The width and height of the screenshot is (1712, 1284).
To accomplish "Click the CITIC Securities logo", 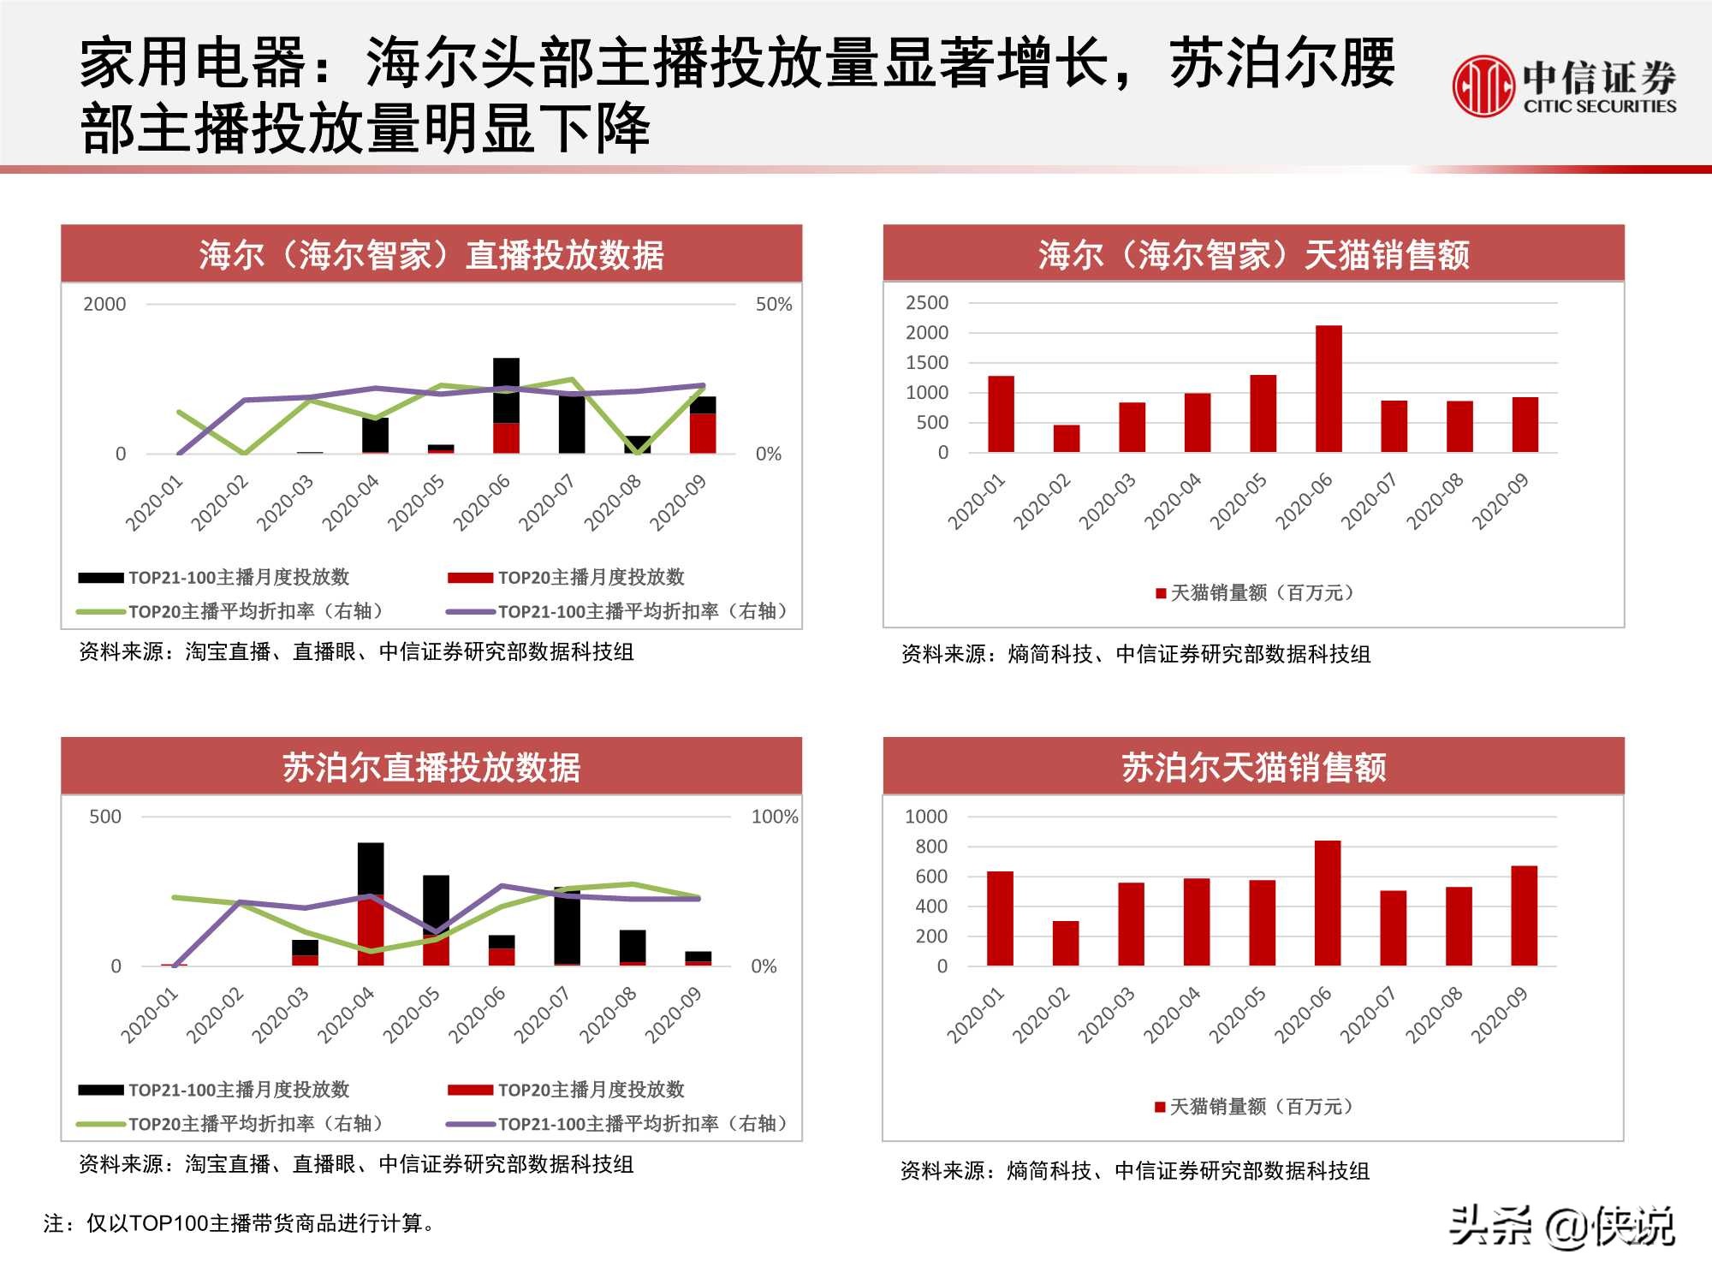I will [1564, 86].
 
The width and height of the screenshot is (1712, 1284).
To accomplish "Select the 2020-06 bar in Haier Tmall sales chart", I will [1329, 389].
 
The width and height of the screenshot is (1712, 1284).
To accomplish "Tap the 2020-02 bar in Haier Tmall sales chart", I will [1067, 438].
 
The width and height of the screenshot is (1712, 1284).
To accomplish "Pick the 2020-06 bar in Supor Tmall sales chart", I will [1328, 903].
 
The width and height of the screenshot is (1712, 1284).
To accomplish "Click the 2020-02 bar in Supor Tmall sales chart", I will [1066, 943].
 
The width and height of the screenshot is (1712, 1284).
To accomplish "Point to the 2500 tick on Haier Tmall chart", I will [927, 303].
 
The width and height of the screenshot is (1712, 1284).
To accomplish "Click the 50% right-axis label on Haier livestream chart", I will [774, 305].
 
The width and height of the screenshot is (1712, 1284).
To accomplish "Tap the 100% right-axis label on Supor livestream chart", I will [775, 817].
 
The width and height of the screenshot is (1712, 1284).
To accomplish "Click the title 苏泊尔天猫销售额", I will [1253, 767].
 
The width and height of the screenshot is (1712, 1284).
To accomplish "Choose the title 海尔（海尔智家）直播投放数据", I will [431, 255].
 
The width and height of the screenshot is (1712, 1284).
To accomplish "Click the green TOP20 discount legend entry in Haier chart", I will [231, 611].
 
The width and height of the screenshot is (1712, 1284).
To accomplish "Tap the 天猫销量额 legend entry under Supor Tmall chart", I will [1255, 1107].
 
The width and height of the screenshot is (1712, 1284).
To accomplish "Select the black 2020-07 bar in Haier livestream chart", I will [572, 424].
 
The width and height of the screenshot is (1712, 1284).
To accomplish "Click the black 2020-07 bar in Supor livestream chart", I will [567, 926].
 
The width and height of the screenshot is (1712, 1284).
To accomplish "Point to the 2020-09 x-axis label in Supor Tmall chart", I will [1500, 1015].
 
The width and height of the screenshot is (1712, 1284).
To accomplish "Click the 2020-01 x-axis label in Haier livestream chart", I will [154, 503].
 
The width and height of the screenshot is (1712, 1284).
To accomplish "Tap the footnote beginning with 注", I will [240, 1223].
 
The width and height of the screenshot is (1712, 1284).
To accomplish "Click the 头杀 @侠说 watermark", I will [1560, 1227].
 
